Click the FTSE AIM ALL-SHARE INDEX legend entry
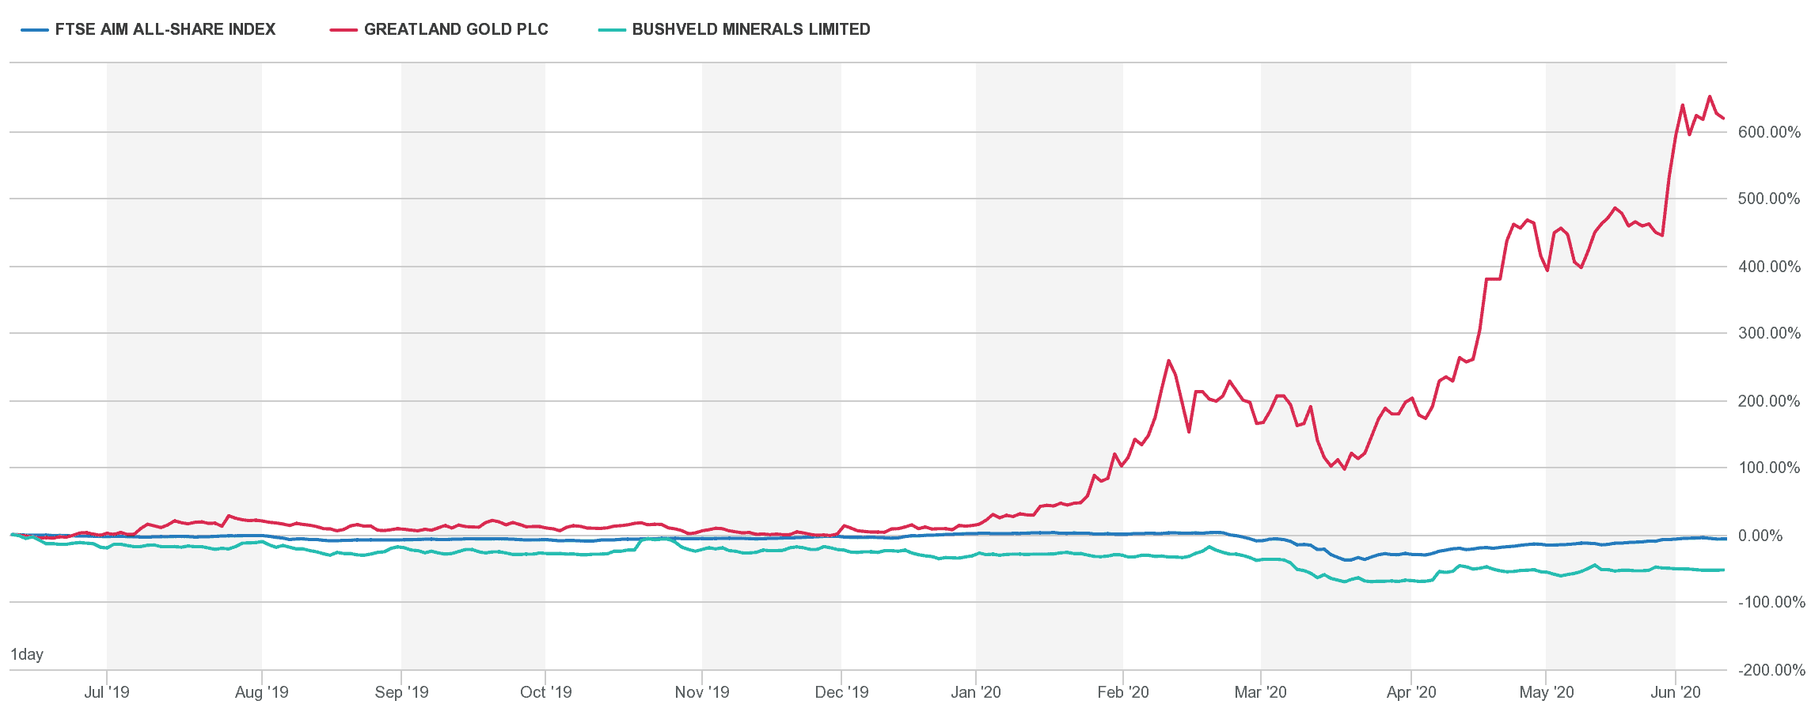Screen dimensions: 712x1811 click(x=165, y=29)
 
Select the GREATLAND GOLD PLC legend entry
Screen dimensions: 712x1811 click(x=456, y=29)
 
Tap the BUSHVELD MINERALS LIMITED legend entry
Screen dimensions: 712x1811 click(x=751, y=29)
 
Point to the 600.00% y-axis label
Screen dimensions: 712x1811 click(x=1768, y=132)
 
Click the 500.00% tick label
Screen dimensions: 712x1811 click(x=1768, y=199)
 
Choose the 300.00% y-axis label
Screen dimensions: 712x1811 click(x=1768, y=333)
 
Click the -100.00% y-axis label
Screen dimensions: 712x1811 click(x=1771, y=602)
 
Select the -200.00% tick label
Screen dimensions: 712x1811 click(x=1771, y=670)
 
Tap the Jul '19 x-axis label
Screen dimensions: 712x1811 click(x=107, y=692)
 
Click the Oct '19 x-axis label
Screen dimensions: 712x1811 click(x=545, y=692)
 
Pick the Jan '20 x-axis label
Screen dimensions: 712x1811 click(x=976, y=692)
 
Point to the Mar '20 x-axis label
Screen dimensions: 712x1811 click(x=1261, y=692)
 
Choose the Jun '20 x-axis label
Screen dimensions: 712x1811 click(x=1676, y=692)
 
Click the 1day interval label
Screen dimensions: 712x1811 click(x=27, y=654)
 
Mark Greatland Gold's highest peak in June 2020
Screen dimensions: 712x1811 click(x=1710, y=97)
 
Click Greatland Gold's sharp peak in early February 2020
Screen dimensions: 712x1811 click(x=1168, y=362)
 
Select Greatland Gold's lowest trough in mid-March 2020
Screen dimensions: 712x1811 click(x=1344, y=469)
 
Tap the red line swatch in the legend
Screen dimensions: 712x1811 click(x=344, y=30)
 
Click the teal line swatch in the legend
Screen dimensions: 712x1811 click(x=612, y=30)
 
